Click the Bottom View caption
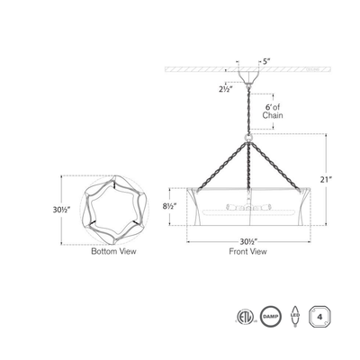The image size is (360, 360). (112, 253)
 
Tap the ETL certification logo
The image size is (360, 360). (247, 317)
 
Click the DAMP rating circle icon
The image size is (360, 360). (271, 317)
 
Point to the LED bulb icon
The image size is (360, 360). (294, 317)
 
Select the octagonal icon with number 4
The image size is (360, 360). (318, 317)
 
